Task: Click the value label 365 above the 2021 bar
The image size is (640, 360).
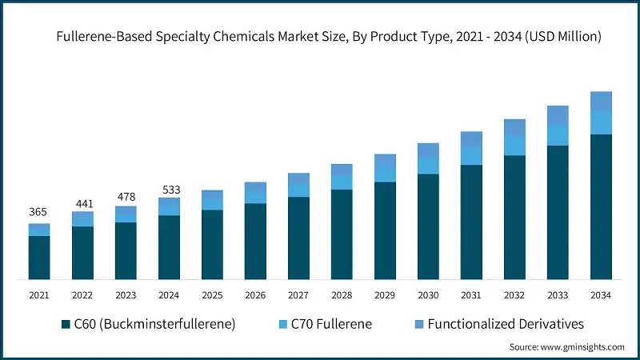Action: [x=38, y=212]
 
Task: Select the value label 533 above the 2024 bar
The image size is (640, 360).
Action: [x=169, y=190]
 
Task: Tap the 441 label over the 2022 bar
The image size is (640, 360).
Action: [x=82, y=203]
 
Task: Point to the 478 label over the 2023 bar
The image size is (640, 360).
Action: [x=126, y=197]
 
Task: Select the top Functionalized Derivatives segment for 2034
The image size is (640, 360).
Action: [x=601, y=102]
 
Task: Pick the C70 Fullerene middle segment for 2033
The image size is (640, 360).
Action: [x=558, y=135]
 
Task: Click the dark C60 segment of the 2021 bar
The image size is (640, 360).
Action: [x=39, y=257]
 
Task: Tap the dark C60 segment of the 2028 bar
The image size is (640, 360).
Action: [x=342, y=234]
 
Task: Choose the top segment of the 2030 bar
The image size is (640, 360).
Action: [x=428, y=150]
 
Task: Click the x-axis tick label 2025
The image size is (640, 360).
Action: [x=212, y=295]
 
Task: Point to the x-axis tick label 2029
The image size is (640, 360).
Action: [x=385, y=295]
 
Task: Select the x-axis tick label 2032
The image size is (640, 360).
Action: [x=514, y=295]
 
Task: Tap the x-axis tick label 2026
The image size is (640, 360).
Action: [x=255, y=295]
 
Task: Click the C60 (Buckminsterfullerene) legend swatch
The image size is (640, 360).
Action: [x=66, y=324]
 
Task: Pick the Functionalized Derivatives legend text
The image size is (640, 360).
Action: [x=506, y=324]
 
